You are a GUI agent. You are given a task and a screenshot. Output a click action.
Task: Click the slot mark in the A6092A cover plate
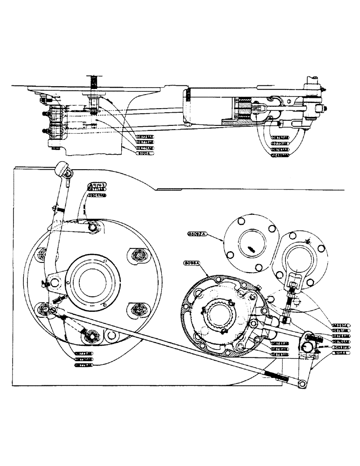pos(251,249)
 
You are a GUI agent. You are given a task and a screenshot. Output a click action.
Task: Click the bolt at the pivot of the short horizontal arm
pos(95,227)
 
